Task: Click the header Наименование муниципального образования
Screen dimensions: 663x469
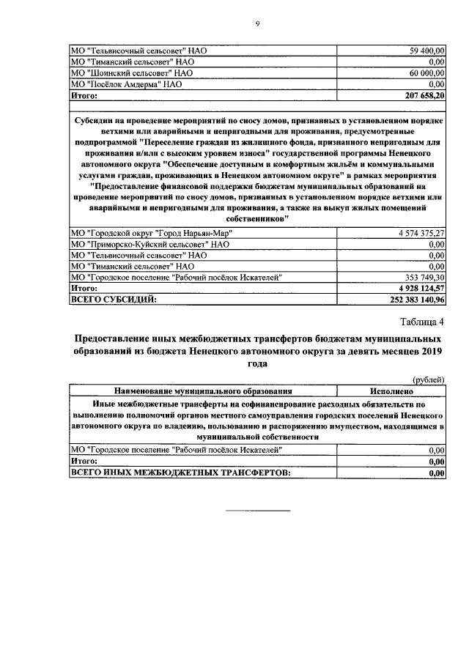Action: pyautogui.click(x=203, y=391)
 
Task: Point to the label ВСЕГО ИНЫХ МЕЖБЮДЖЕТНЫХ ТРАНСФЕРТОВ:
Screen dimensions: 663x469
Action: pyautogui.click(x=180, y=473)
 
